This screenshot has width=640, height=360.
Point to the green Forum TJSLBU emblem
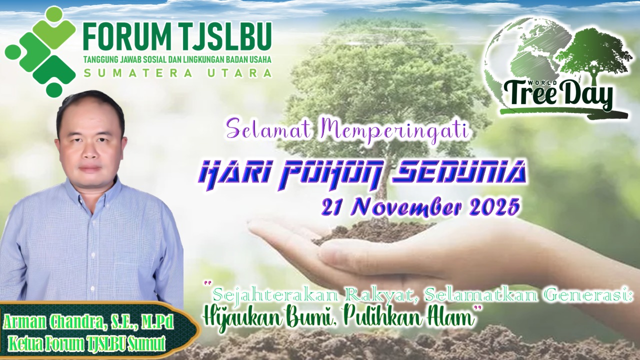tap(40, 51)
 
